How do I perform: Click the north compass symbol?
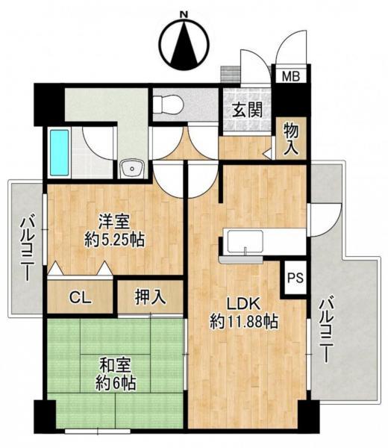pos(185,45)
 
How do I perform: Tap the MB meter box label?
pos(291,76)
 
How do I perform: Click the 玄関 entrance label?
pos(247,110)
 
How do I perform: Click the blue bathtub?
pos(60,152)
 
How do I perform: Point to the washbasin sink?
pos(132,169)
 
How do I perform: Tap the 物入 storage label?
pos(291,140)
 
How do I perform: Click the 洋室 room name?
pos(114,222)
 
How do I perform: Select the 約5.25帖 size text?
pos(114,239)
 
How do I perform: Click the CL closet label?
pos(81,298)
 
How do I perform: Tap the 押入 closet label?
pos(150,297)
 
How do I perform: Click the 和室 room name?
pos(116,365)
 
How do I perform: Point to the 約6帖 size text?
pos(116,383)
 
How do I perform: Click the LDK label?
pos(243,304)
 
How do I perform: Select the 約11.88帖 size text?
pos(244,322)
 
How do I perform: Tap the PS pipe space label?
pos(295,277)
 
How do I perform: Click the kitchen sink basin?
pos(245,242)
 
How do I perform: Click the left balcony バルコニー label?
pos(27,249)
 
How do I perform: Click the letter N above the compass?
pos(185,15)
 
